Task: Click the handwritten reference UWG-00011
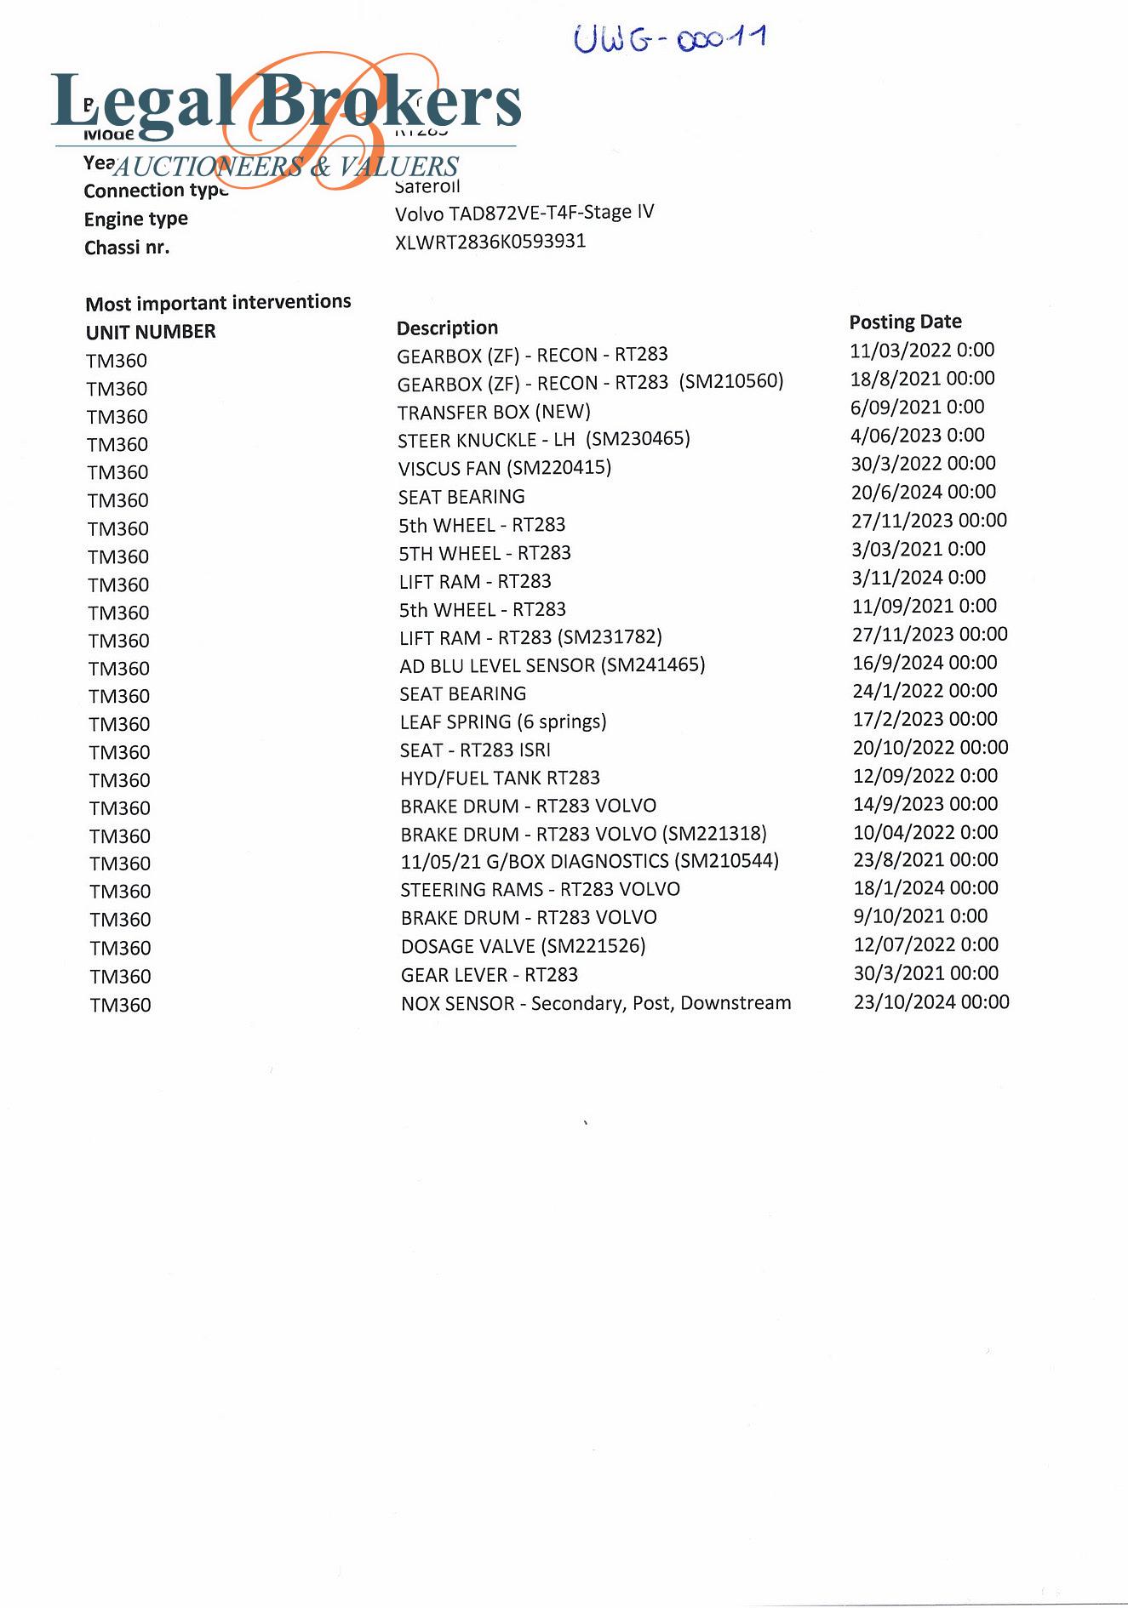pos(670,38)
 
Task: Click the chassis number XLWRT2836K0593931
pos(490,242)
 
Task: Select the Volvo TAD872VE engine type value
pos(524,213)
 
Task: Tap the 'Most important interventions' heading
pos(218,303)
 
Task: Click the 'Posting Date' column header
pos(905,322)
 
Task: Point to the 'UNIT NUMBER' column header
pos(151,332)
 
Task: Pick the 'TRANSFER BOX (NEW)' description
pos(494,412)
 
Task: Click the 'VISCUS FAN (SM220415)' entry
pos(505,468)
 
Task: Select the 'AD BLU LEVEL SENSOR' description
pos(553,665)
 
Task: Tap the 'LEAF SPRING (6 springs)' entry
pos(503,721)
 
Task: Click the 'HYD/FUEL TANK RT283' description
pos(500,778)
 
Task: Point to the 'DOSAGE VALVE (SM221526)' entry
pos(524,946)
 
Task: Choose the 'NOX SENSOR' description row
pos(596,1003)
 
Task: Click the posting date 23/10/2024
pos(931,1002)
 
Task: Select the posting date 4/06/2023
pos(917,435)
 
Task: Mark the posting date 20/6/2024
pos(923,492)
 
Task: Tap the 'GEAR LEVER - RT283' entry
pos(490,975)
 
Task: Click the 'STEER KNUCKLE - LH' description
pos(544,440)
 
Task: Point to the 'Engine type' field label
pos(136,220)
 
